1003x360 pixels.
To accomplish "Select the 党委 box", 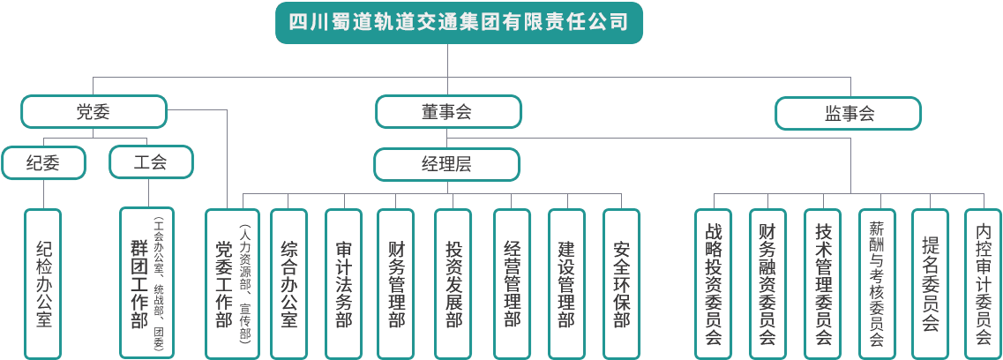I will [x=94, y=112].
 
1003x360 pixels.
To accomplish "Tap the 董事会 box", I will [x=447, y=112].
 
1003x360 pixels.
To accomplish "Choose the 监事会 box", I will [x=849, y=114].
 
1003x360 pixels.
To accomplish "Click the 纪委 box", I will [x=43, y=162].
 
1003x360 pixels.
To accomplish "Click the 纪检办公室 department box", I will [x=43, y=282].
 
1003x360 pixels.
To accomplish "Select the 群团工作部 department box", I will [x=146, y=282].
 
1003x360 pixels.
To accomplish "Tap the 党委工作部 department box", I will [x=231, y=282].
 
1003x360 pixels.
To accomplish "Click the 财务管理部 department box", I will [x=397, y=282].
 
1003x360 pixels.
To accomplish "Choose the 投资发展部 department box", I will [x=454, y=282].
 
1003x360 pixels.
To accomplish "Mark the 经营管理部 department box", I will [x=512, y=282].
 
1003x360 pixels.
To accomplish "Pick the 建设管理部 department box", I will [x=567, y=282].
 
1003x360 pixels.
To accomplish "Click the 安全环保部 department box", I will [x=622, y=282].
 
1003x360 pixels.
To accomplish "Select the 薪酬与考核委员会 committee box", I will [x=876, y=282].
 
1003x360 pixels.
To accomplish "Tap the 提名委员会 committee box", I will [x=930, y=282].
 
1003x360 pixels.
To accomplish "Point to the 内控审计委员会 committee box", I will [x=983, y=282].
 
